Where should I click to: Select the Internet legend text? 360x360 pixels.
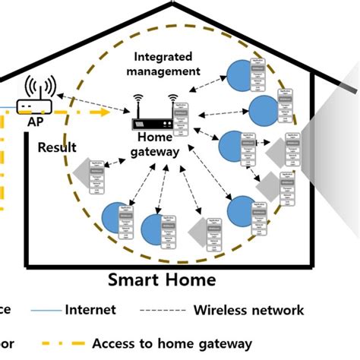[90, 309]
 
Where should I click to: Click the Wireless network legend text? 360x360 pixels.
[250, 310]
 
